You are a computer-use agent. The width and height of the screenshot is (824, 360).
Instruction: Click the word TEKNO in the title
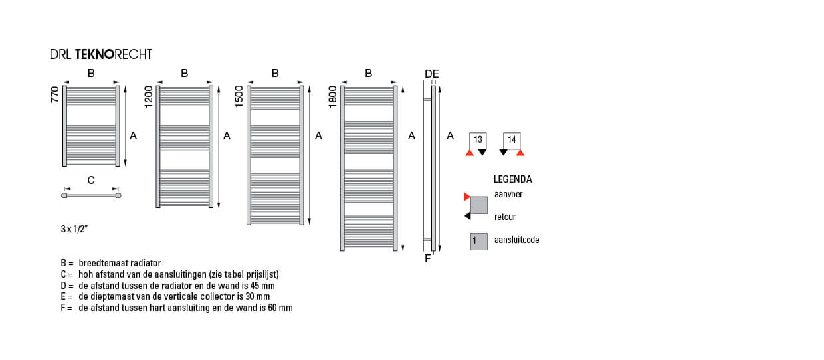tap(95, 54)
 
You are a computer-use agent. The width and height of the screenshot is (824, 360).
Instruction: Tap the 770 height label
tap(54, 94)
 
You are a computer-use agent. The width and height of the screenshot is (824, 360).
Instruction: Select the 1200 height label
tap(148, 97)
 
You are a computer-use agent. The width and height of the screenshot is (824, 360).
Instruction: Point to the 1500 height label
tap(239, 96)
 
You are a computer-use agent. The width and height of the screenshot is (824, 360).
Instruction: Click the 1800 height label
tap(332, 97)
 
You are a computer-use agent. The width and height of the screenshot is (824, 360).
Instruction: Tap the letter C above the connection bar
tap(91, 180)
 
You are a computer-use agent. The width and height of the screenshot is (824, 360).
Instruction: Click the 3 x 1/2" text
tap(74, 229)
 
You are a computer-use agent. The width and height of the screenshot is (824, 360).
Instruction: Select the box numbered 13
tap(478, 140)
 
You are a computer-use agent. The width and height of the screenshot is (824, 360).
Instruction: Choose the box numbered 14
tap(512, 140)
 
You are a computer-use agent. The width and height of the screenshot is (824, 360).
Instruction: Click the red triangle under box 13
tap(470, 153)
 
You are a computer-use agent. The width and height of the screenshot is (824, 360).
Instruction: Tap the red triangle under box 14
tap(520, 153)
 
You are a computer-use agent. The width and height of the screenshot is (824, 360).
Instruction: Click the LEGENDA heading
tap(513, 179)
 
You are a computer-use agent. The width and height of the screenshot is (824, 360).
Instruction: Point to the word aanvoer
tap(508, 194)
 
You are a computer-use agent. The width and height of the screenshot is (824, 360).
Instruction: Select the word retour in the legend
tap(505, 217)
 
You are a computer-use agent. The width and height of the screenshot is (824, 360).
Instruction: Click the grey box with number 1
tap(479, 242)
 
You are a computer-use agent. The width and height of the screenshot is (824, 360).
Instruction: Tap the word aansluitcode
tap(517, 240)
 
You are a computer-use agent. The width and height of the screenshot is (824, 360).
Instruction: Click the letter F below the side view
tap(427, 259)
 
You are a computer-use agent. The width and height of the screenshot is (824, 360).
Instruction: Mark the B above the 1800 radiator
tap(369, 74)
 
